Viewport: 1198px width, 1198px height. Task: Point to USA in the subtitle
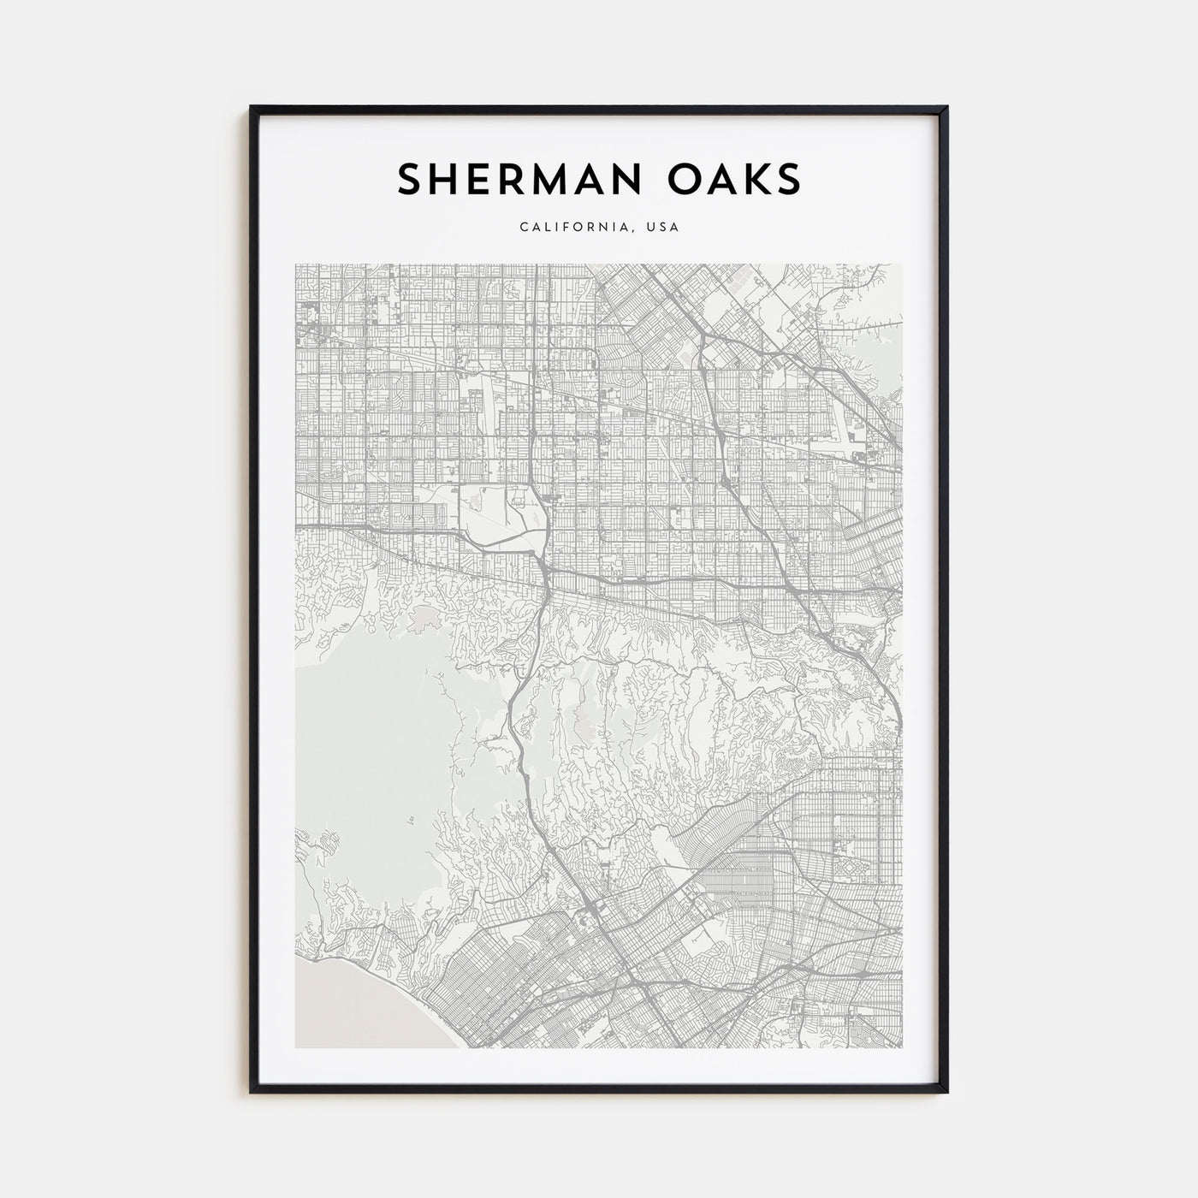[x=664, y=228]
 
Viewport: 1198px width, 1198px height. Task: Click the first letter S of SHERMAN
[x=409, y=179]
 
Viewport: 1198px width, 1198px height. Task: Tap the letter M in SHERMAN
[x=539, y=179]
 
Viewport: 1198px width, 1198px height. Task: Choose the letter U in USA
[x=651, y=228]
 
